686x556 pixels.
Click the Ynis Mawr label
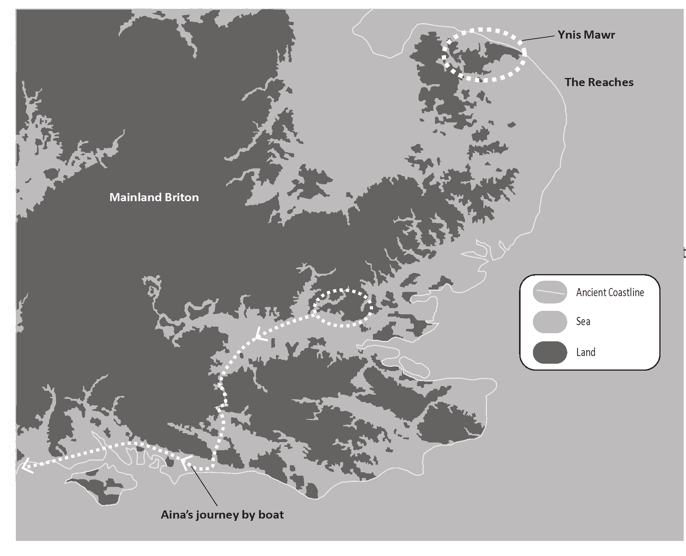pos(586,35)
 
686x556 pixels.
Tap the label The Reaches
pos(599,82)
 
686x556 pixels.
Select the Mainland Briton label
pos(154,197)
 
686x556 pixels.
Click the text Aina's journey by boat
pos(222,515)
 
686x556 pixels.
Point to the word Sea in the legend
pos(583,321)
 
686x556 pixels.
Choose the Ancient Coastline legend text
pos(610,292)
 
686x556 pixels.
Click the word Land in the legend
pos(586,352)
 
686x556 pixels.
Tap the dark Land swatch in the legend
pos(550,352)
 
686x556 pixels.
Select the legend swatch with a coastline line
pos(550,292)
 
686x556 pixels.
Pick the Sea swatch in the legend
pos(550,322)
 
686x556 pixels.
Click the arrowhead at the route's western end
pos(26,466)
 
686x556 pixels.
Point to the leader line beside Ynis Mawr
pos(538,38)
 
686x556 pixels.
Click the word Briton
pos(182,197)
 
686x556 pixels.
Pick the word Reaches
pos(610,82)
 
